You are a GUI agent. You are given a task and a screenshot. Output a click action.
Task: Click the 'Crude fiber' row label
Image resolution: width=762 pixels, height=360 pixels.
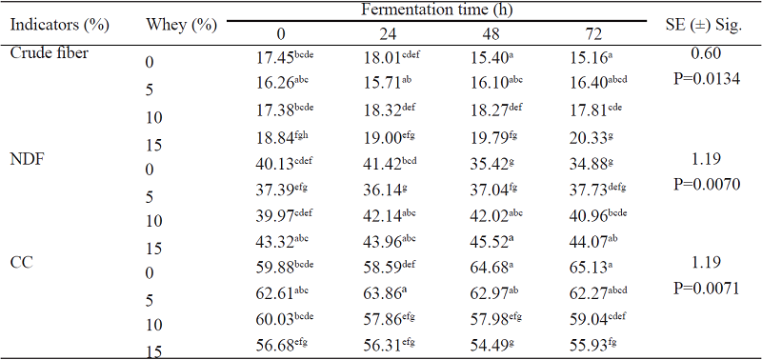50,52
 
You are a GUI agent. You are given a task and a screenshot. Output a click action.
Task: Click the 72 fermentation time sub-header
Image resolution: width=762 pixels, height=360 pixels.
592,34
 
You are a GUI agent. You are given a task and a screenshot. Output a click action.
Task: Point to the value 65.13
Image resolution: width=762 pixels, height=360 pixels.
589,259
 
